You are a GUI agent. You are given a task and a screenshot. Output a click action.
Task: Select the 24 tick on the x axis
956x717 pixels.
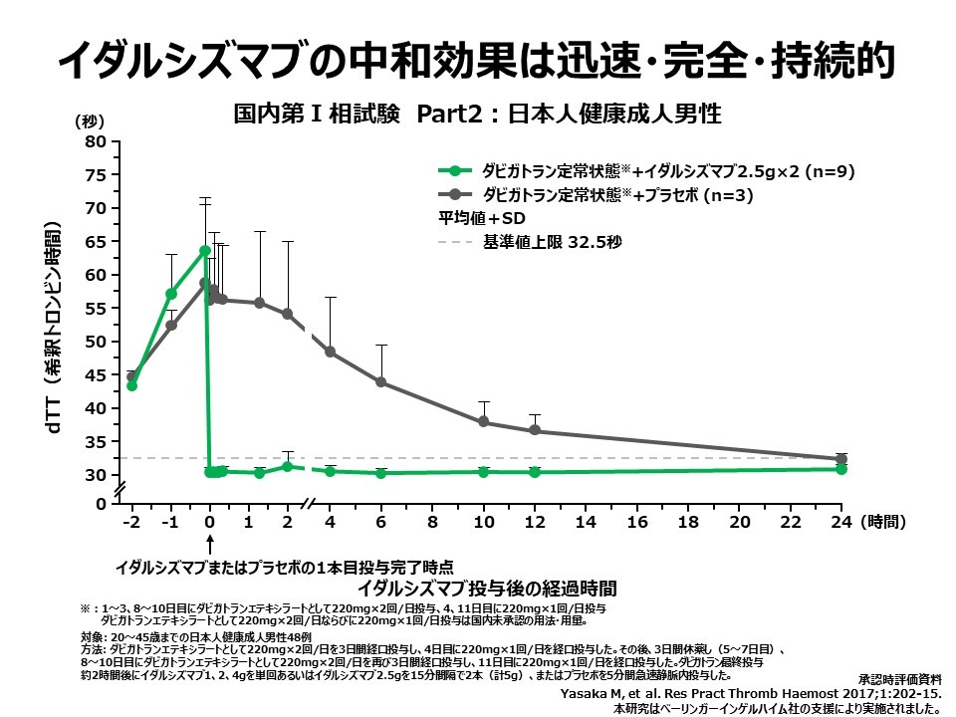840,522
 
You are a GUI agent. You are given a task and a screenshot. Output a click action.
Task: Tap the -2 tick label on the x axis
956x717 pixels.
130,522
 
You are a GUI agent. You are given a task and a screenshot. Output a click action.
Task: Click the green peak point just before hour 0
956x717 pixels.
205,251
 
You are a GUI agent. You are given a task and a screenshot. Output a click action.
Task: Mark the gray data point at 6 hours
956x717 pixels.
380,381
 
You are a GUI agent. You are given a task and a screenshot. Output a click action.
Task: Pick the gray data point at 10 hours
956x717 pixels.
484,421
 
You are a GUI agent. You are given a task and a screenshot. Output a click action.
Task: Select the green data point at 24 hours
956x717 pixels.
841,468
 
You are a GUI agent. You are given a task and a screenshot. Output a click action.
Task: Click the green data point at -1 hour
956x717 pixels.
171,294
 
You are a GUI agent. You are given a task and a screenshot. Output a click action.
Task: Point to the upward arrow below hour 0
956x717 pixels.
210,546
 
